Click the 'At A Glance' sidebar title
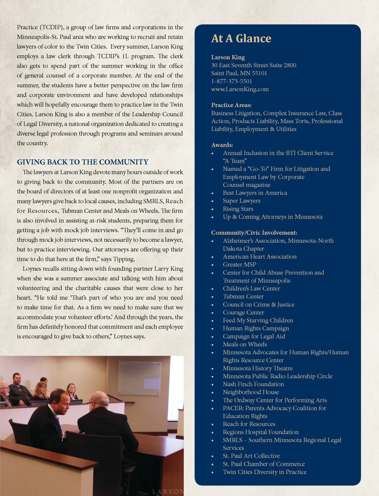(241, 38)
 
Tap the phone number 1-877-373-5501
(231, 81)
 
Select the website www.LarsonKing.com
(240, 89)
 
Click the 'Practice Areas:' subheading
(231, 105)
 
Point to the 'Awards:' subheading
(222, 145)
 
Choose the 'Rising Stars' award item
(238, 209)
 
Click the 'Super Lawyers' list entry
(241, 201)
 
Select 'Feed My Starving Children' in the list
(257, 320)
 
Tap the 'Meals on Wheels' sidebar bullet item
(245, 344)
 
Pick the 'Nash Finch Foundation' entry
(253, 384)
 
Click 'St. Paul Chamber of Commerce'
(263, 464)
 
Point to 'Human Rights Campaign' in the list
(255, 328)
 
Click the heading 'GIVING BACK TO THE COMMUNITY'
(83, 162)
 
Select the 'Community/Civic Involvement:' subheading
(254, 233)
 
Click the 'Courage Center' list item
(243, 312)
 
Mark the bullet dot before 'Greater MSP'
(213, 265)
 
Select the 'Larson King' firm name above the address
(228, 57)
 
